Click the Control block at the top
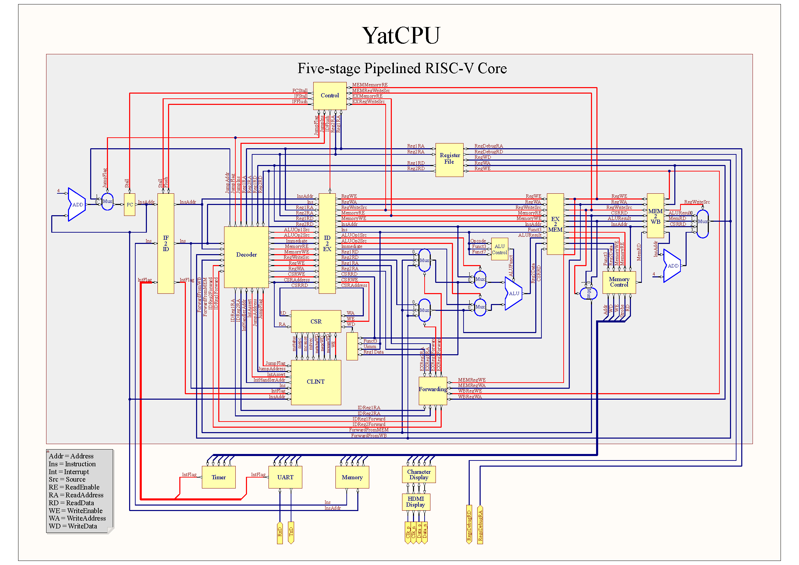330,96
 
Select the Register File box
449,160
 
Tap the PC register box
129,205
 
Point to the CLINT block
316,382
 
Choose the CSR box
316,321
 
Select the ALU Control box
499,249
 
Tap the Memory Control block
619,282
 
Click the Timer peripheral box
219,477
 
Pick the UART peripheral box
285,477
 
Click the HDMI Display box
416,502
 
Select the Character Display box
419,474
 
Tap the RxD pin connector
280,532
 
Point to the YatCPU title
401,36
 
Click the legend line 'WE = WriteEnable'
75,511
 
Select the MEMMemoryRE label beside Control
370,85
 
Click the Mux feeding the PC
107,202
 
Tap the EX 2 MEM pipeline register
555,224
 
